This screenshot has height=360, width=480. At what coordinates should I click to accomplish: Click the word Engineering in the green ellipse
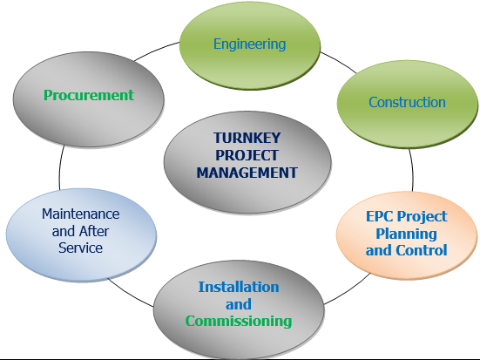(x=249, y=44)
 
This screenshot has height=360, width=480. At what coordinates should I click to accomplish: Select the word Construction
(x=407, y=102)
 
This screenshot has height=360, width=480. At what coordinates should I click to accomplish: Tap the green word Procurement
(x=89, y=95)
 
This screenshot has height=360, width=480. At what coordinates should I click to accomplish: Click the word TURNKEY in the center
(x=247, y=138)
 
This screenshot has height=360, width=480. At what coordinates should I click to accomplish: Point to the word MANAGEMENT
(x=247, y=173)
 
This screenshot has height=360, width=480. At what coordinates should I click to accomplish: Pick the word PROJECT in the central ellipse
(x=247, y=155)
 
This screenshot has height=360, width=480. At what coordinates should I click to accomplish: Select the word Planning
(x=407, y=234)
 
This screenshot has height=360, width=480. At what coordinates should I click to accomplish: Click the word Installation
(x=239, y=287)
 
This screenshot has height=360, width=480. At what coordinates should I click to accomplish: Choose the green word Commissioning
(x=239, y=322)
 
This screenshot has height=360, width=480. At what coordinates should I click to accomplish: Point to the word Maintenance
(x=81, y=214)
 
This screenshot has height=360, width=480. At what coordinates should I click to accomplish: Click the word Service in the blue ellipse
(x=80, y=248)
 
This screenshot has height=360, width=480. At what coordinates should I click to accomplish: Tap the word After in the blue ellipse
(x=94, y=231)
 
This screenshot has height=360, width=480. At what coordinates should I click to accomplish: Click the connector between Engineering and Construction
(x=338, y=62)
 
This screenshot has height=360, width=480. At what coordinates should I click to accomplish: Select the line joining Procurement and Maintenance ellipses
(x=60, y=167)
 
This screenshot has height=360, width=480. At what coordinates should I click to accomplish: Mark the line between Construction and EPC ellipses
(x=412, y=170)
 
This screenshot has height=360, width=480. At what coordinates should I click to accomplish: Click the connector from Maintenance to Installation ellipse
(x=130, y=294)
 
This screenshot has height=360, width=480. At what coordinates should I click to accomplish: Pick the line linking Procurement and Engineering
(x=156, y=50)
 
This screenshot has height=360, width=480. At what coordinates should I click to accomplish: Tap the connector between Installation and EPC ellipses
(x=348, y=290)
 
